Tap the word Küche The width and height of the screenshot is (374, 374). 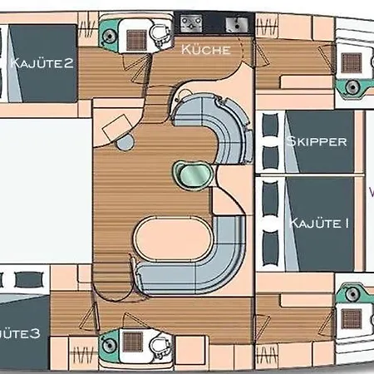[204, 51]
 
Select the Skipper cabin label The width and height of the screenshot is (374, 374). [316, 141]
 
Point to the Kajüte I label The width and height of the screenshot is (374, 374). [318, 223]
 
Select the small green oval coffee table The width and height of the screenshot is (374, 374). [188, 174]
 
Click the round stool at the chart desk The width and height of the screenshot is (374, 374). [125, 142]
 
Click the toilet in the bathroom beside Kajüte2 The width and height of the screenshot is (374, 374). [158, 33]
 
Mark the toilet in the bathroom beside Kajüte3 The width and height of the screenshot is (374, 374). [158, 344]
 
